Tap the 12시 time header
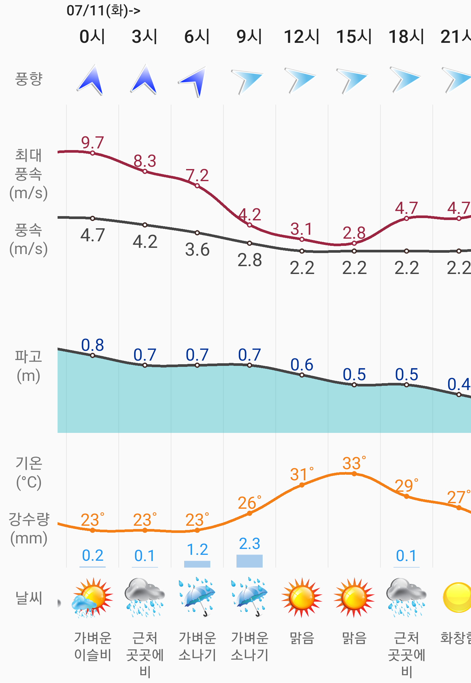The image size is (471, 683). tap(302, 36)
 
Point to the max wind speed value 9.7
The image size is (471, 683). tap(93, 143)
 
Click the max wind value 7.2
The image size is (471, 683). tap(197, 176)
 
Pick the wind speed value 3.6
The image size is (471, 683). tap(197, 250)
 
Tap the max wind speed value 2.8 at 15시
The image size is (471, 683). tap(354, 233)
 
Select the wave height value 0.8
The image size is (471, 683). tap(93, 345)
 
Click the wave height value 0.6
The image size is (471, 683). tap(302, 365)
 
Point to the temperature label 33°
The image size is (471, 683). tap(354, 463)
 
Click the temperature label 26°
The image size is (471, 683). tap(249, 503)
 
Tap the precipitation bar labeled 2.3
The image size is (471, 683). tap(250, 561)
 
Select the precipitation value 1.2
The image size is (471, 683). tap(197, 550)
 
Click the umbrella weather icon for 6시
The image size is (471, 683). tap(197, 597)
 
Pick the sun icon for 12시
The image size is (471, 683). tap(302, 597)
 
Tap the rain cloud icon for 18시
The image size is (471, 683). tap(406, 597)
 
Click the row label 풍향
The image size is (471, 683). tap(29, 79)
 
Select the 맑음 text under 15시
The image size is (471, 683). tap(354, 638)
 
